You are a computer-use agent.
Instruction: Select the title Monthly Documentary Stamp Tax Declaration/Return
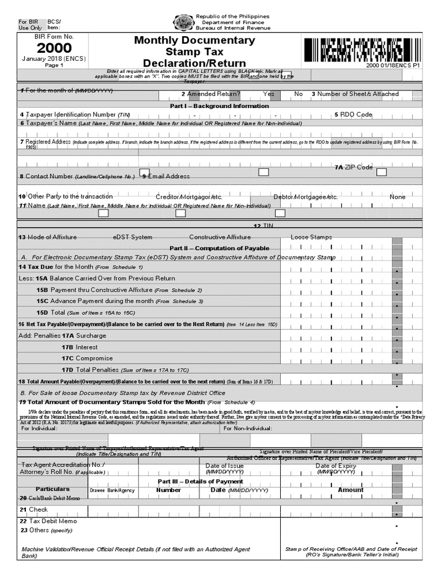(194, 52)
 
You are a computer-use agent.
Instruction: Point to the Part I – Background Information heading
(219, 106)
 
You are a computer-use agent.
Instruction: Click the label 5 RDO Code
(353, 115)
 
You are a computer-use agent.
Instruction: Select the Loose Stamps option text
(311, 237)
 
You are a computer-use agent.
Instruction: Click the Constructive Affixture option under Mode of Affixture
(220, 237)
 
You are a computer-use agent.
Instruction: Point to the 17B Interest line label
(79, 347)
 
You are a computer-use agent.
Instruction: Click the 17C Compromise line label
(86, 358)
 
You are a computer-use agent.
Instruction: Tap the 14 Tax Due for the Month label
(55, 267)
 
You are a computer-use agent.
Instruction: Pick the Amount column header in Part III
(350, 490)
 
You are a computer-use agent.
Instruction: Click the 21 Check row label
(34, 509)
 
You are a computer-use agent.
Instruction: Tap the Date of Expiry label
(336, 466)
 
